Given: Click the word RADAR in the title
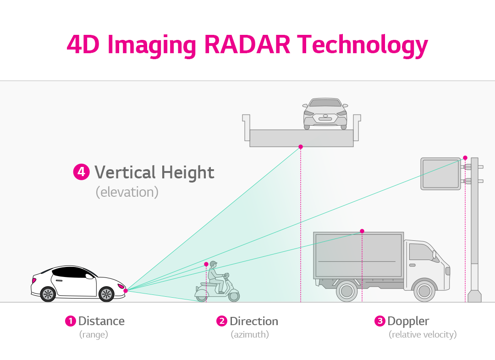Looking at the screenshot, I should click(247, 45).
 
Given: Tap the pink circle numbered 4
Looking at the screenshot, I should click(81, 172).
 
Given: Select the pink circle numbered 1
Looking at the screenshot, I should click(70, 321).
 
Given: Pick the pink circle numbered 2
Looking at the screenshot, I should click(222, 321).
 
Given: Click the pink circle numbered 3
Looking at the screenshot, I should click(379, 321).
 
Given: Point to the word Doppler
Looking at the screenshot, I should click(408, 321).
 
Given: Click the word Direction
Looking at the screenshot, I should click(254, 321).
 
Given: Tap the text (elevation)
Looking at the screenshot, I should click(127, 192).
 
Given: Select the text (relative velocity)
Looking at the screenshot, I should click(423, 334).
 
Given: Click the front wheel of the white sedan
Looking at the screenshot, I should click(106, 294).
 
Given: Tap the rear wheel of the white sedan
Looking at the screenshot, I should click(48, 294).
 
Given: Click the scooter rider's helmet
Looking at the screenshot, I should click(213, 265).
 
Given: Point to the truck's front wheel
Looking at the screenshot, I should click(424, 291).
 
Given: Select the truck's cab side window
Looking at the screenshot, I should click(420, 252).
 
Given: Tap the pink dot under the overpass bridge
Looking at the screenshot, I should click(301, 147).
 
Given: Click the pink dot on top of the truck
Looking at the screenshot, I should click(362, 231).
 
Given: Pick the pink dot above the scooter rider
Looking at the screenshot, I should click(206, 264).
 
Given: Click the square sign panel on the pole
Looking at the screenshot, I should click(440, 173).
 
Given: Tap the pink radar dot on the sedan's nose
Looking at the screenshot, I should click(126, 290).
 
